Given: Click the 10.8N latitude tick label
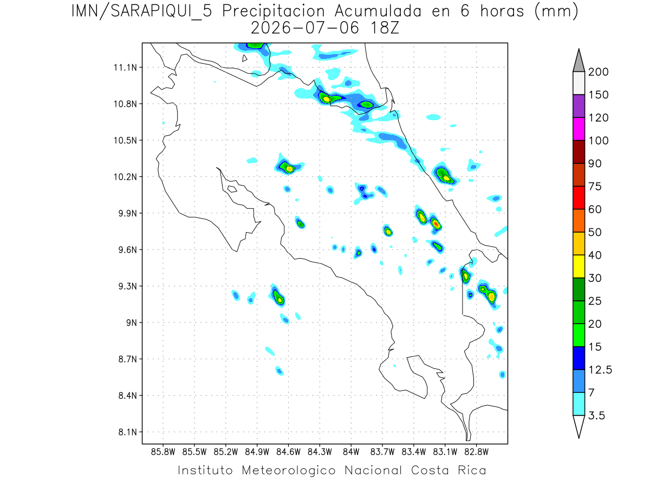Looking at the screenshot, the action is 125,104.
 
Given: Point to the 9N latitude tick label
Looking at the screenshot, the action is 132,323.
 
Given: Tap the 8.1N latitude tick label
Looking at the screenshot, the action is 128,432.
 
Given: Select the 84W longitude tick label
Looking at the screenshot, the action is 351,452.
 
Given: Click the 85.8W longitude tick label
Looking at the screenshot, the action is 163,452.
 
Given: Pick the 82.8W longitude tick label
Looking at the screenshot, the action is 476,452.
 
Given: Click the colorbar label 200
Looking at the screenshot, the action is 598,72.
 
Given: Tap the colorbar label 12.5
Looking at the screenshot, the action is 600,370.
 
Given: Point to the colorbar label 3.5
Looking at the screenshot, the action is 596,416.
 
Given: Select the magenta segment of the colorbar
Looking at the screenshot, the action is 578,129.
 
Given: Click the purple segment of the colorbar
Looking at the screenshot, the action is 578,106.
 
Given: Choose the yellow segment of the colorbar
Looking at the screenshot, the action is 578,266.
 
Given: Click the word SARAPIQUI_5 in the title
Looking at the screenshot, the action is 161,12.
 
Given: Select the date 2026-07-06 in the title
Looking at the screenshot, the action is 305,28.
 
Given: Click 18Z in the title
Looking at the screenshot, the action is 385,28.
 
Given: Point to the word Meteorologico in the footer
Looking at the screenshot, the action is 289,471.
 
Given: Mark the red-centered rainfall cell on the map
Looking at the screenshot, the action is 435,224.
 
